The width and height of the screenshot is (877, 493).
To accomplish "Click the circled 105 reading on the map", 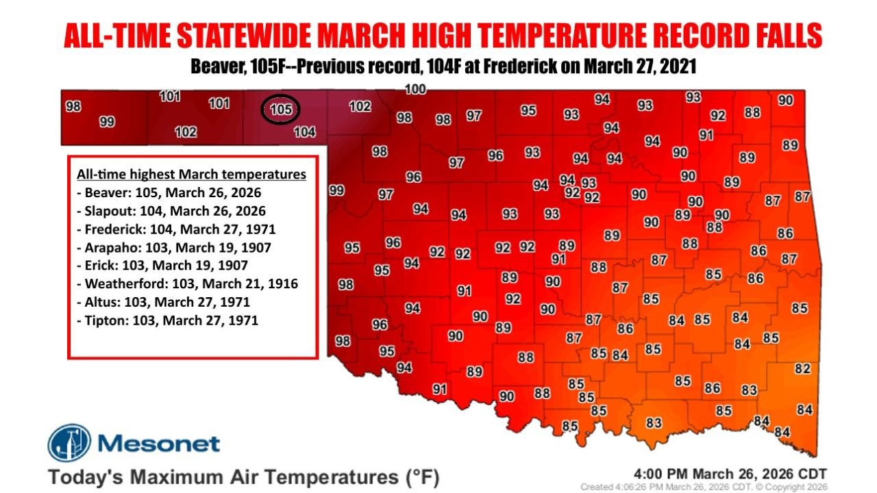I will click(281, 110).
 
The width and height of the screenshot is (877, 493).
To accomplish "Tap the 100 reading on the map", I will click(416, 89).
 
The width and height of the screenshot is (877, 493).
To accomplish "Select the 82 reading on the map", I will click(802, 369).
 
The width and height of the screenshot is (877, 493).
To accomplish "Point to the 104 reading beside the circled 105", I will click(304, 133).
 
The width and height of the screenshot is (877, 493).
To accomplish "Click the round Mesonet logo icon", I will click(69, 443).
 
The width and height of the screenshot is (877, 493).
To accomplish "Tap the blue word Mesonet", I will click(159, 444).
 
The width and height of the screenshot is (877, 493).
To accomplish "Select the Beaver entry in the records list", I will click(169, 192).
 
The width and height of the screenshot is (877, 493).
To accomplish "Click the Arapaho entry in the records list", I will click(172, 247).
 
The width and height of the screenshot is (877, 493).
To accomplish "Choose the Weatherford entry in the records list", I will click(187, 283).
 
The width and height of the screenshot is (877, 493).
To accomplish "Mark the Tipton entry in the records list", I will click(167, 320).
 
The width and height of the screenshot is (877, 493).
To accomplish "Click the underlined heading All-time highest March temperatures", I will click(191, 175).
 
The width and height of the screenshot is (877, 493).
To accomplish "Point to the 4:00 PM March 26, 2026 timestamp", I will click(731, 474).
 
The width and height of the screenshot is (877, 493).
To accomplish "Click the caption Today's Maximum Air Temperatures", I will click(243, 476).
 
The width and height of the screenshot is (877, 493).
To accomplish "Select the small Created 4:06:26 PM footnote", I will click(704, 487).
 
